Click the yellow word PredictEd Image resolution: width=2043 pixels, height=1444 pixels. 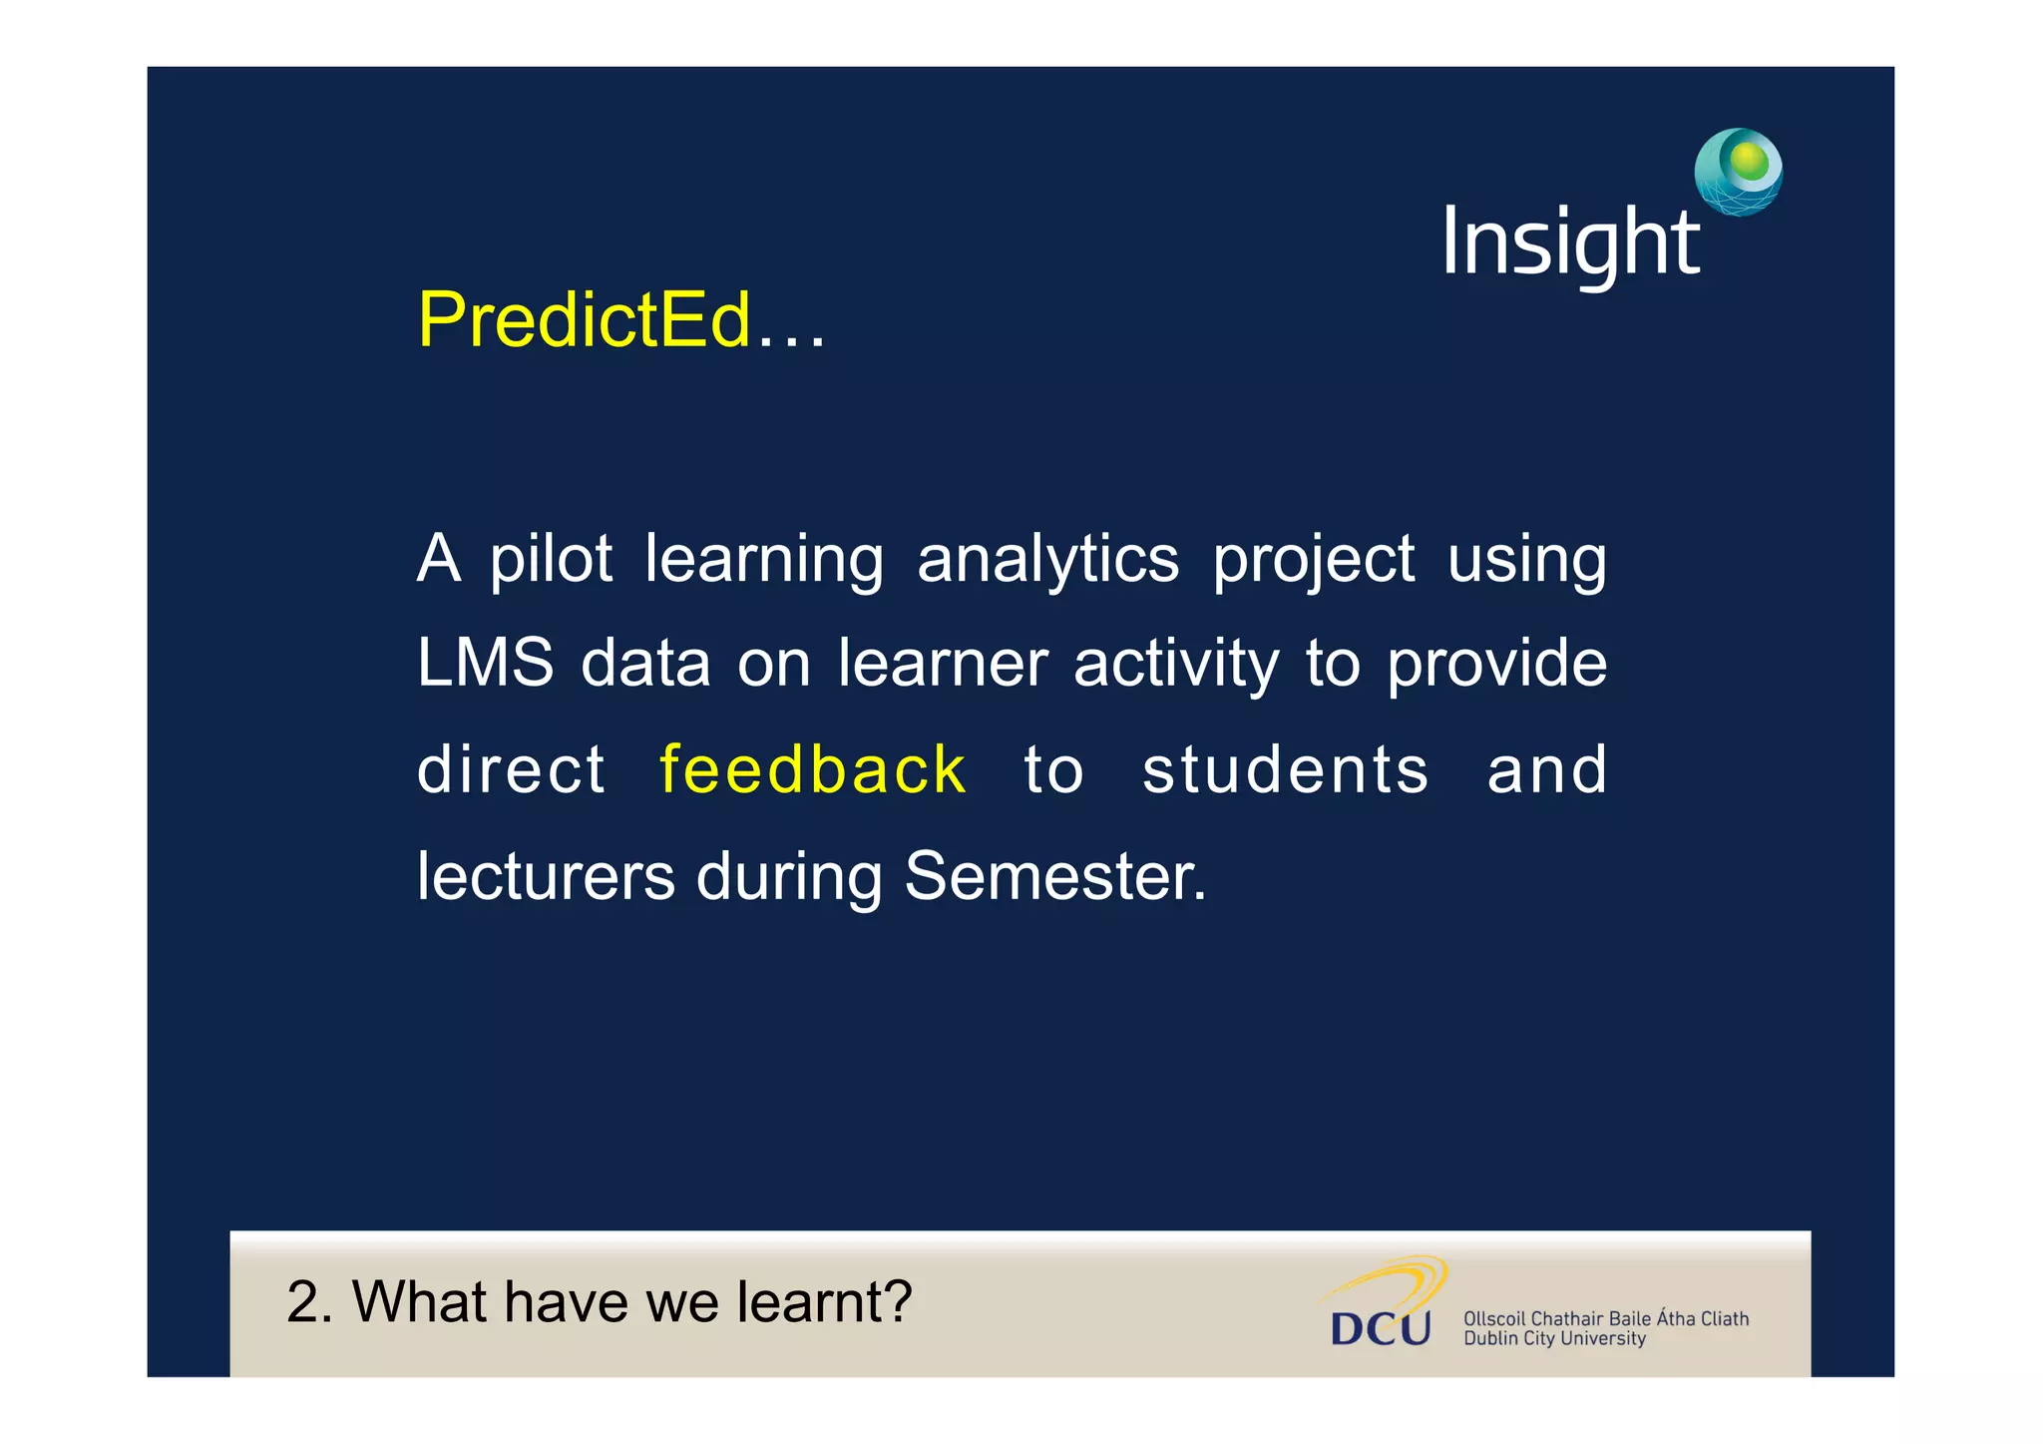(584, 321)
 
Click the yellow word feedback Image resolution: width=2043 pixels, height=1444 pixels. (812, 770)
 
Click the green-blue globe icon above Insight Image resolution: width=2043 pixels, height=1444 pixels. (1738, 172)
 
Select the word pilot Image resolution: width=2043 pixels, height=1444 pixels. (551, 561)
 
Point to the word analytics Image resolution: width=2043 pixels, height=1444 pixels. (1047, 561)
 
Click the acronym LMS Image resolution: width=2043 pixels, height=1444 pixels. (485, 664)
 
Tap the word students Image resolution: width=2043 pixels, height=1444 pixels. (1285, 770)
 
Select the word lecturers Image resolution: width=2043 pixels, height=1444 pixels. (546, 876)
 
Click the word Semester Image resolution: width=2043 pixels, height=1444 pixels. (1054, 876)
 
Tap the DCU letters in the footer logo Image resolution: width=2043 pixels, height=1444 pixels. (1381, 1328)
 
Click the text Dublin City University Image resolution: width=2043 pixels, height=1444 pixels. (1554, 1339)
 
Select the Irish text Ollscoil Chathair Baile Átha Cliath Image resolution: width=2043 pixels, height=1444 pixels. (1605, 1318)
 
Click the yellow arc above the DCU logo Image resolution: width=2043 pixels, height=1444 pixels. (1397, 1278)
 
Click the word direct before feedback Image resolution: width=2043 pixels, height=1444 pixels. (511, 770)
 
